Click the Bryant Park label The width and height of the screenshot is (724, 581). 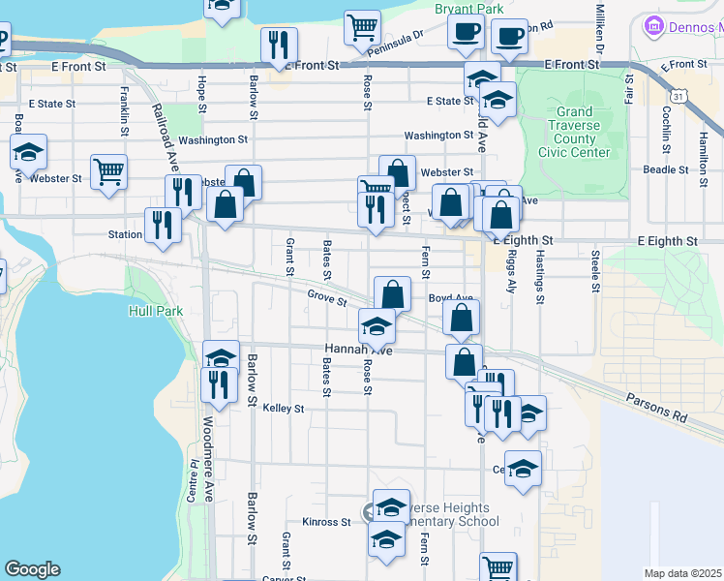470,9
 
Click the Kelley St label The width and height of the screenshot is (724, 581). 283,409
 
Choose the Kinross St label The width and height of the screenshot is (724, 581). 325,522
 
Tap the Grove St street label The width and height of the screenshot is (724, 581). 327,297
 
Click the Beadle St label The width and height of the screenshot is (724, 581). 665,169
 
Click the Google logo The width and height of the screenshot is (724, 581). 32,569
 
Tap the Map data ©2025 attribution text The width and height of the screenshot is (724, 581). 683,573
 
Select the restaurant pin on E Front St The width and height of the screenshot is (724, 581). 279,44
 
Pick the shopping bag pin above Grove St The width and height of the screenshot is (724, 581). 392,293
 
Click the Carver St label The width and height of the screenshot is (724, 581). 283,579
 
